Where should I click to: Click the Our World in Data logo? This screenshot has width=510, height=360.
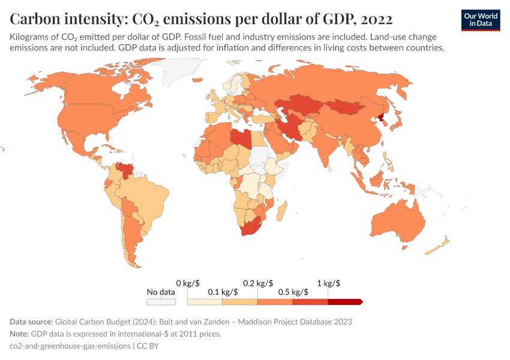coord(480,20)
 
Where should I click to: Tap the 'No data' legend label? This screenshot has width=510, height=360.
coord(161,292)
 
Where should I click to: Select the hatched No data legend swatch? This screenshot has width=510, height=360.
coord(161,302)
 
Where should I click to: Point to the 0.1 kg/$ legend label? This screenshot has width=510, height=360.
coord(223,292)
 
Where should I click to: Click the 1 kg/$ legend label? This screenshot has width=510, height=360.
coord(328,283)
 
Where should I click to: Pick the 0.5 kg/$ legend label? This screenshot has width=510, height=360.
coord(293,292)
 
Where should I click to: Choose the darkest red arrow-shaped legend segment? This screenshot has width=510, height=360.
coord(345,302)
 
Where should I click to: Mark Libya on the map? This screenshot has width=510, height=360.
coord(241,138)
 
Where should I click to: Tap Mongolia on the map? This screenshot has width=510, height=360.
coord(346,107)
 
